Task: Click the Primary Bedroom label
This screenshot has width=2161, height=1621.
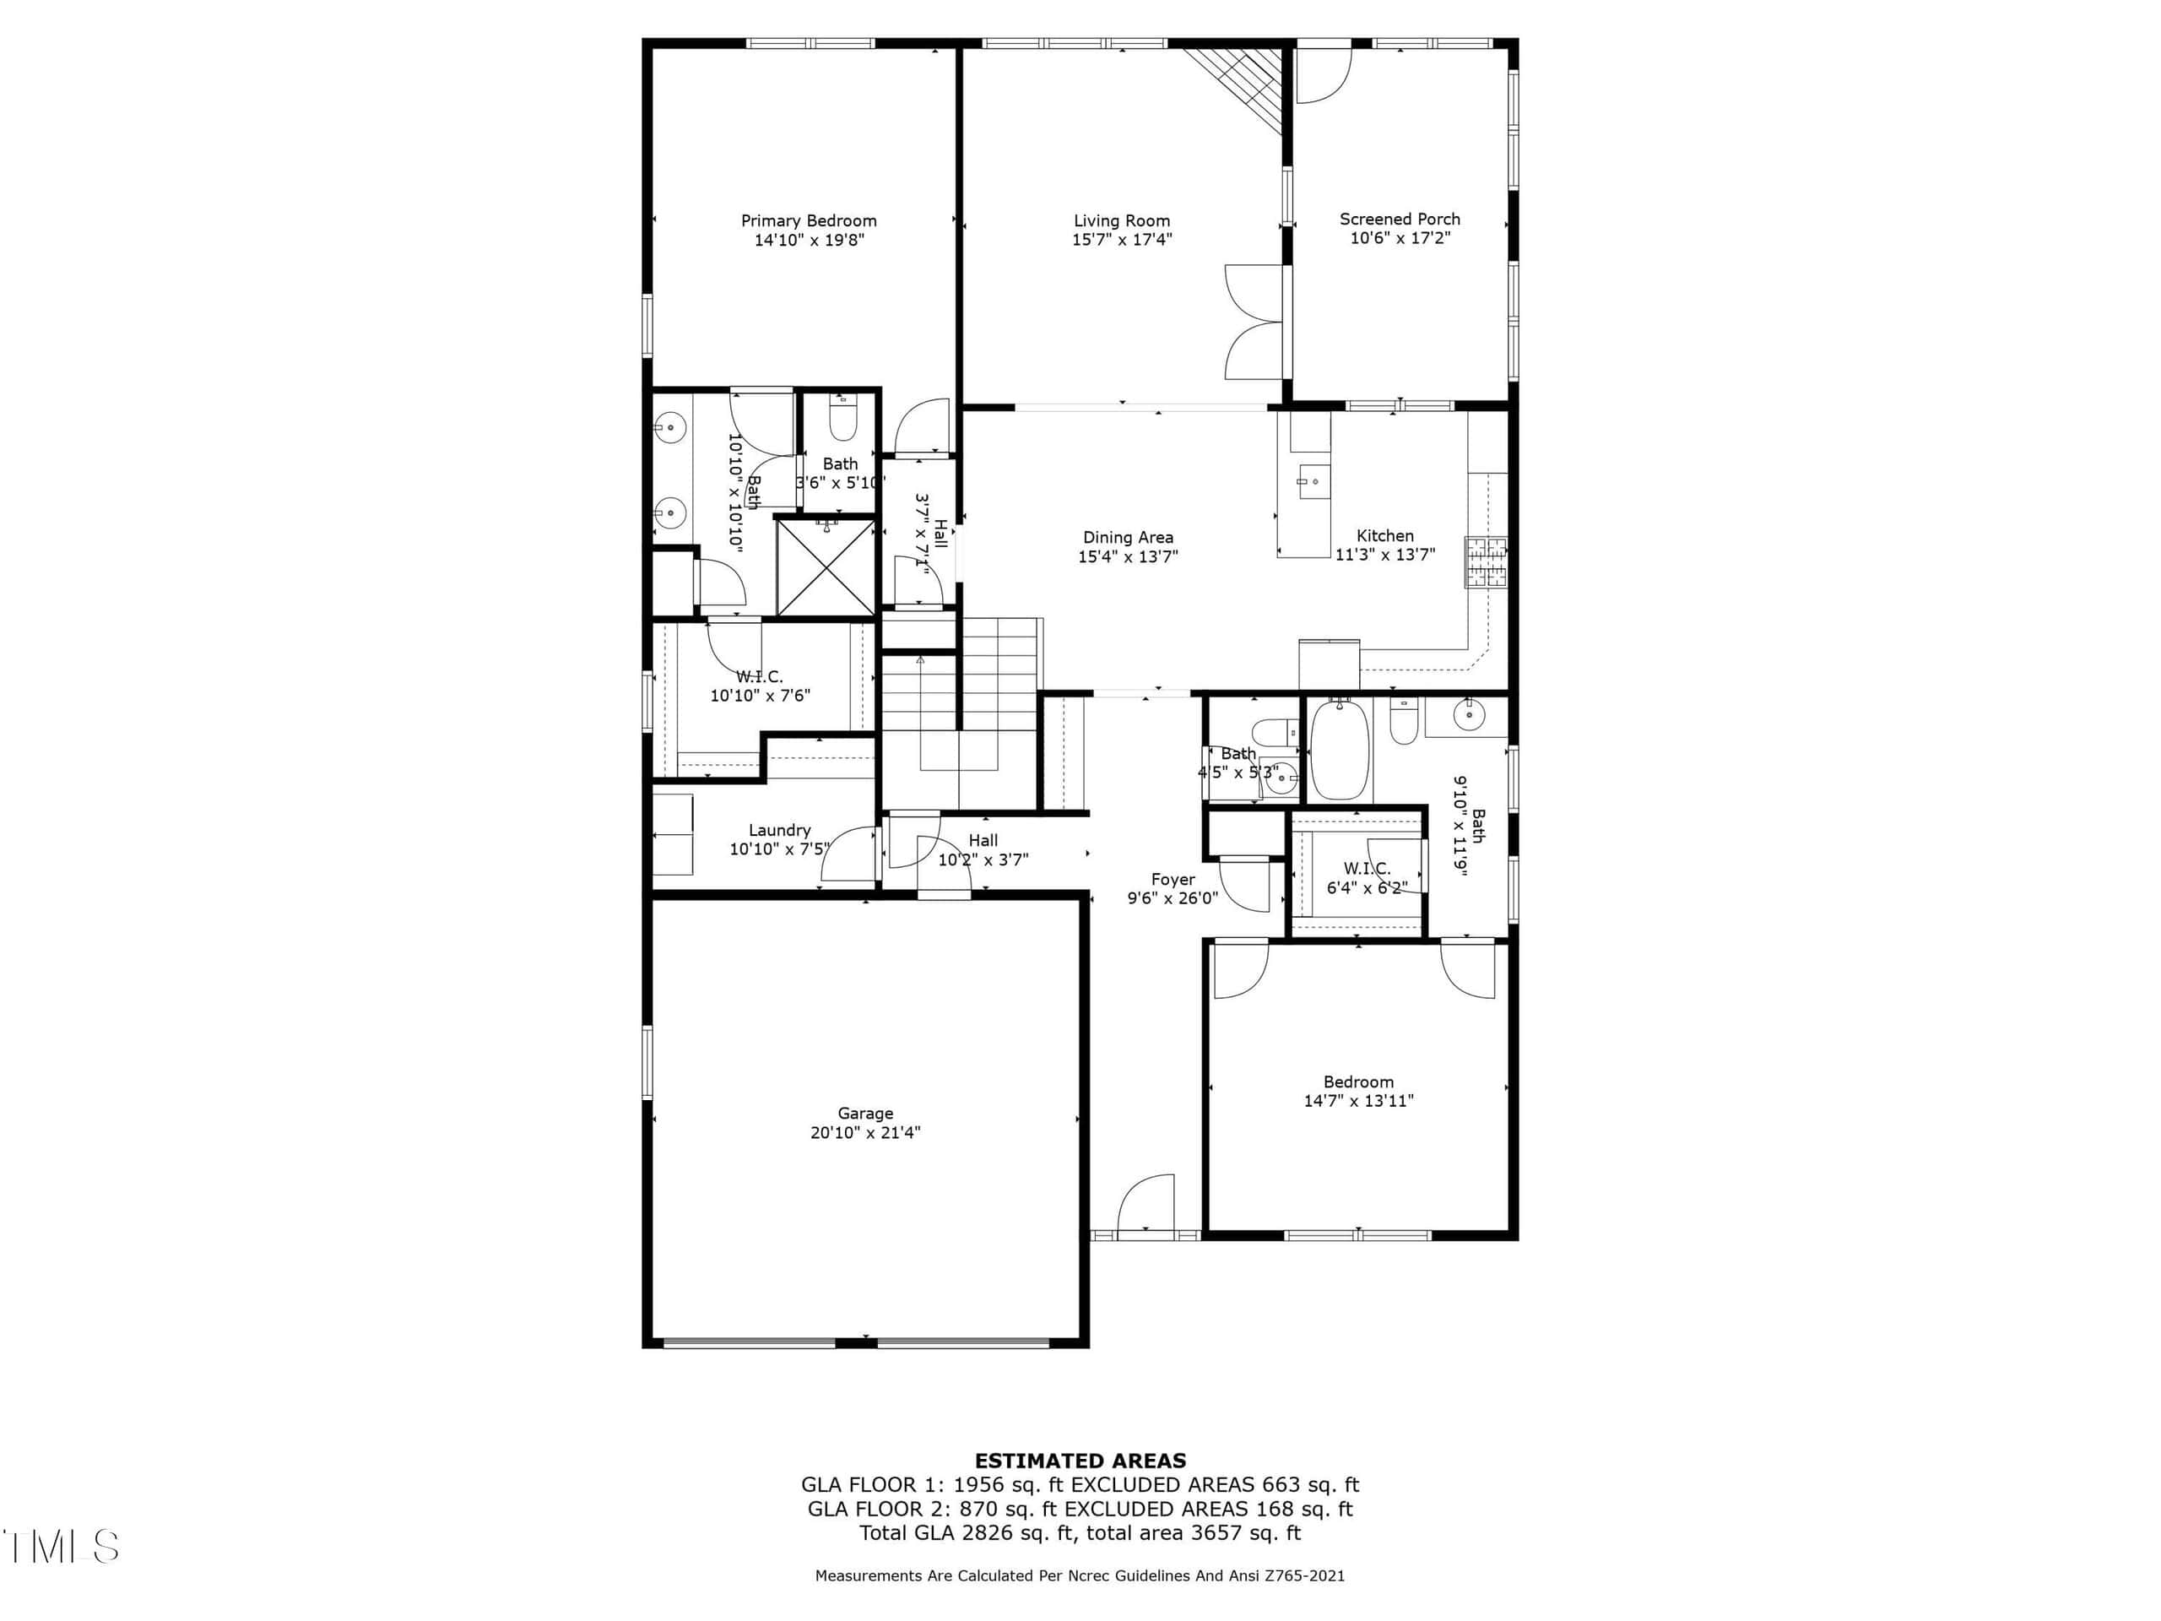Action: (x=808, y=221)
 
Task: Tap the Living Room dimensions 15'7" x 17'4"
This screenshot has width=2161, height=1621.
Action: (x=1122, y=240)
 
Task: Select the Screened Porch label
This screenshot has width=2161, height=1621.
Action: (x=1399, y=219)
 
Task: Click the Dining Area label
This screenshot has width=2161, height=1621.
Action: (x=1128, y=538)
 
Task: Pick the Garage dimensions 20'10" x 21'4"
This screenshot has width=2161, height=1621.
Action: (x=864, y=1132)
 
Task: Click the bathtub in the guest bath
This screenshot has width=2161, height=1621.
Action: (x=1340, y=750)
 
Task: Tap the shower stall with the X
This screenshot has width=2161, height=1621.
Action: (x=826, y=567)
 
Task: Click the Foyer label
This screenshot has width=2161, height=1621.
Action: (x=1173, y=880)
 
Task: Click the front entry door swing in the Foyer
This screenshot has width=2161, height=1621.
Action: (x=1145, y=1203)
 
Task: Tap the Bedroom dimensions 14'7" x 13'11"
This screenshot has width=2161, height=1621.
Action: (x=1358, y=1101)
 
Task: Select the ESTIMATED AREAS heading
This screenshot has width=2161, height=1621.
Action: (x=1080, y=1461)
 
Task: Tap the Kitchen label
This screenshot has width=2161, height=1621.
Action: (x=1384, y=535)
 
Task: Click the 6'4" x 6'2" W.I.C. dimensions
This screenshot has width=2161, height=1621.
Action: (x=1366, y=888)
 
